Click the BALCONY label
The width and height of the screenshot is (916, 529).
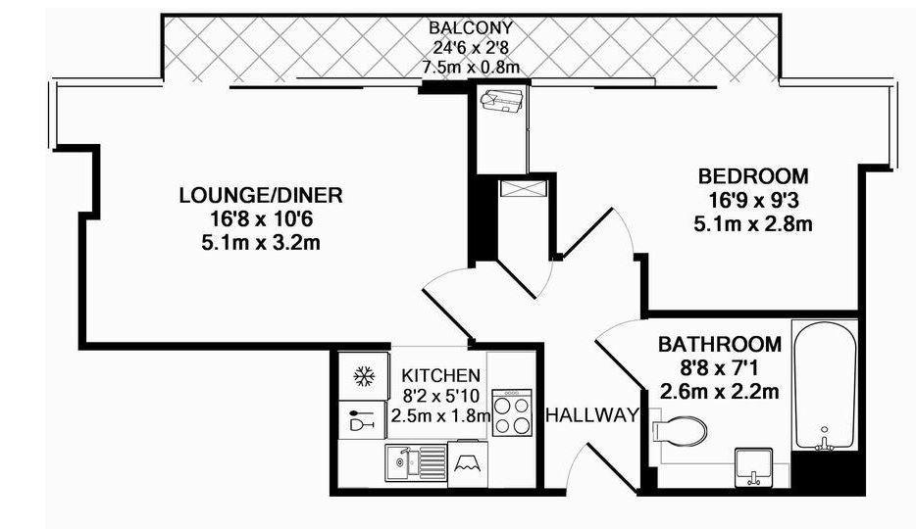[x=471, y=27]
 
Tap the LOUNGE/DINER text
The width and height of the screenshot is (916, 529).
[x=261, y=195]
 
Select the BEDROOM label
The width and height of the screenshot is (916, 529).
[x=753, y=175]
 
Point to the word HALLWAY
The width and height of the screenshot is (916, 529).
[x=592, y=415]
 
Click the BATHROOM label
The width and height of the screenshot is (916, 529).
[x=720, y=344]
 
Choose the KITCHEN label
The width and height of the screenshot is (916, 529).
[x=441, y=375]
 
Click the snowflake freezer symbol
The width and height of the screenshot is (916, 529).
[x=364, y=376]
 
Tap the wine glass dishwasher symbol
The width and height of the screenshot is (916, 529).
[x=361, y=420]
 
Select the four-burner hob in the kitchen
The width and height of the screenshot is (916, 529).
[x=512, y=412]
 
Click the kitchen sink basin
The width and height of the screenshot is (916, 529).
[x=400, y=463]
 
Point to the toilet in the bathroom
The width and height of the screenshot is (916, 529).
[x=679, y=432]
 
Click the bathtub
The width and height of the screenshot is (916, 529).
[x=824, y=385]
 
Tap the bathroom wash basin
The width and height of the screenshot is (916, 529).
[x=753, y=467]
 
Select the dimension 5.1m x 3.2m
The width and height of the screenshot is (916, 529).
[x=261, y=242]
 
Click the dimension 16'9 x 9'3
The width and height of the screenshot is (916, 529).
[x=753, y=200]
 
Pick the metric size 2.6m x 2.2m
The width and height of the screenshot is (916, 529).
[x=720, y=391]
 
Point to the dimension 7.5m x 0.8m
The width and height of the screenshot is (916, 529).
[x=471, y=67]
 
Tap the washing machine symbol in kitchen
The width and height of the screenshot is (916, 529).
[x=468, y=464]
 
